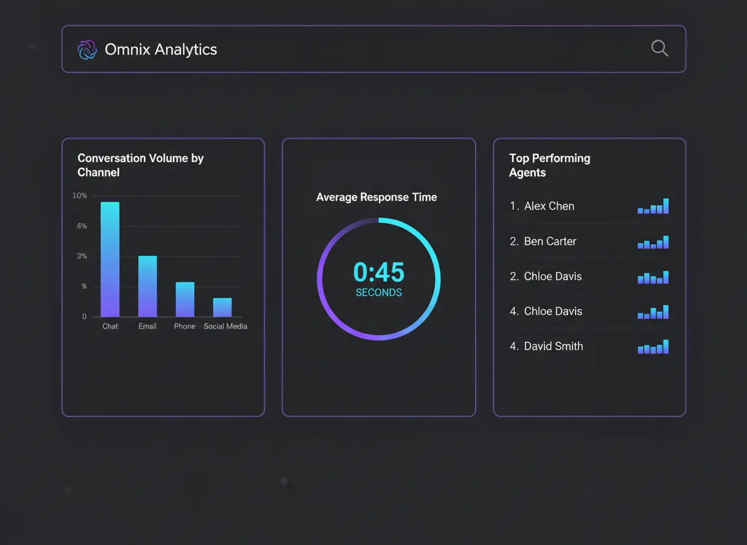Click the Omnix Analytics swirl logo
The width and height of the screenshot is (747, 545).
[x=86, y=50]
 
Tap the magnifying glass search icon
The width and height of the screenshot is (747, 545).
[x=659, y=49]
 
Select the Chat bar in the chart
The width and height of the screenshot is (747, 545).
[x=110, y=259]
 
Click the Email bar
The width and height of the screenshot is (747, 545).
[x=148, y=286]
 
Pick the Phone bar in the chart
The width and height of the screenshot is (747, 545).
[x=185, y=299]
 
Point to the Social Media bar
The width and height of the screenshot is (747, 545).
[x=222, y=307]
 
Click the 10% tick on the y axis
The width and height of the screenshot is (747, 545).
[x=79, y=196]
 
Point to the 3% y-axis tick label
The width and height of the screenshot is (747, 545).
[x=81, y=256]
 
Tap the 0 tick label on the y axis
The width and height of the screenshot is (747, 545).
[x=85, y=317]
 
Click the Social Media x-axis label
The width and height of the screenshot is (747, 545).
[x=225, y=326]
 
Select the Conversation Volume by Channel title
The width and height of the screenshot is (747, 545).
[x=140, y=165]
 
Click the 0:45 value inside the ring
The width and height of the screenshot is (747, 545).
[x=379, y=272]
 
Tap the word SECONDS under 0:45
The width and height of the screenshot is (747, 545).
[x=379, y=293]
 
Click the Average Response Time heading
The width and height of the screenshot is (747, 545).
[x=377, y=197]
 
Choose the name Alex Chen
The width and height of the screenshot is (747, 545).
[x=549, y=206]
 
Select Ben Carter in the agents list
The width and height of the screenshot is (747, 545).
[x=550, y=242]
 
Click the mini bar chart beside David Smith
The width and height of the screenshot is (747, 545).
[x=653, y=347]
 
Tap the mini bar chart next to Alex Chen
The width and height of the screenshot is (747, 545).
[x=653, y=207]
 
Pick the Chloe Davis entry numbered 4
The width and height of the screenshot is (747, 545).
[x=553, y=312]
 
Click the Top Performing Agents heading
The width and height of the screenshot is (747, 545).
[x=550, y=165]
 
